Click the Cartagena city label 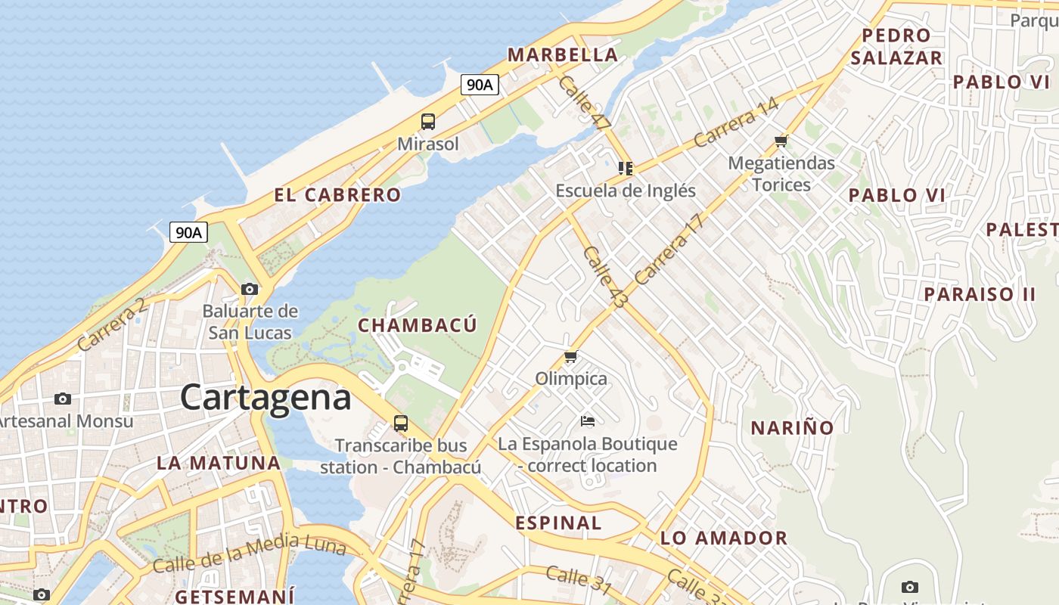266,398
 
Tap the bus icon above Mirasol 428,121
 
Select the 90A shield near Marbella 480,85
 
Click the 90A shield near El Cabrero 188,232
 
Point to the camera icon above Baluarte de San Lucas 250,289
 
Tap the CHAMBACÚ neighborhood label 418,326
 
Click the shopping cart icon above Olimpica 571,356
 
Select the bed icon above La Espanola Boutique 588,420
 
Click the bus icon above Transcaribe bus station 401,423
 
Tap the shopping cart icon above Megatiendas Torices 781,141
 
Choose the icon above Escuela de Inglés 626,168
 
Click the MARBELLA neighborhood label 563,54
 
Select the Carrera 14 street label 735,123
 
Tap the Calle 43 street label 606,277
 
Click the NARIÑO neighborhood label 792,428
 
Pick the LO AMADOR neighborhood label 724,538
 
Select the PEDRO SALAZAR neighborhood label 896,47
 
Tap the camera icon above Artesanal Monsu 63,399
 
